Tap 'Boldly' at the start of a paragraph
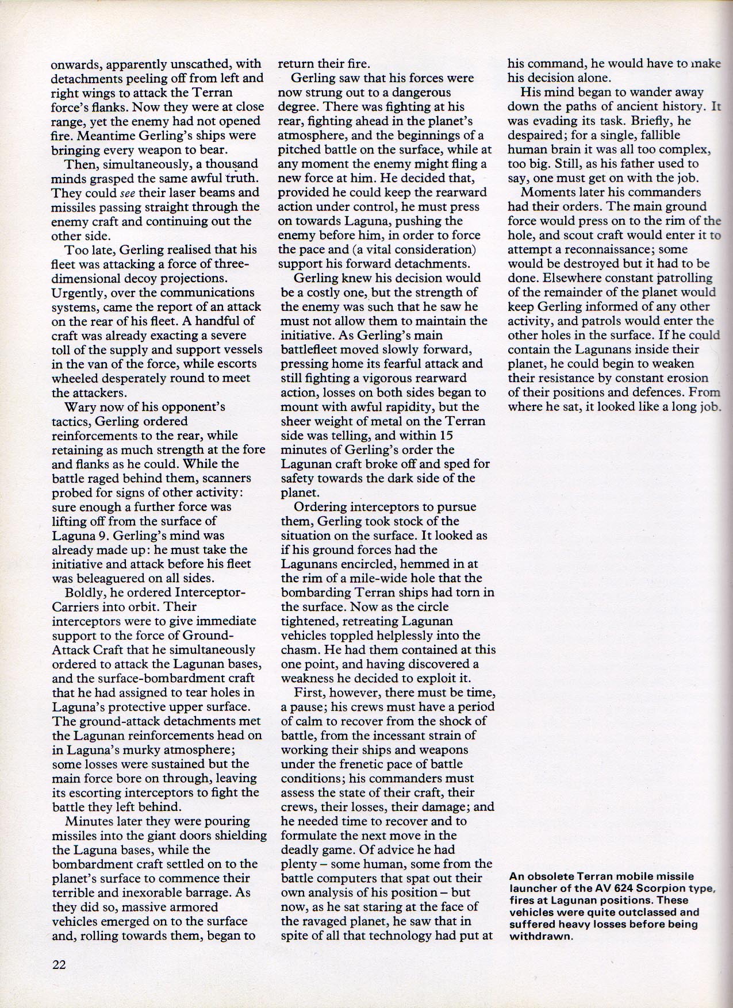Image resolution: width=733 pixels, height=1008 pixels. click(x=84, y=593)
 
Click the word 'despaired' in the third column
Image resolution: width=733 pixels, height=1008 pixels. click(x=534, y=135)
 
